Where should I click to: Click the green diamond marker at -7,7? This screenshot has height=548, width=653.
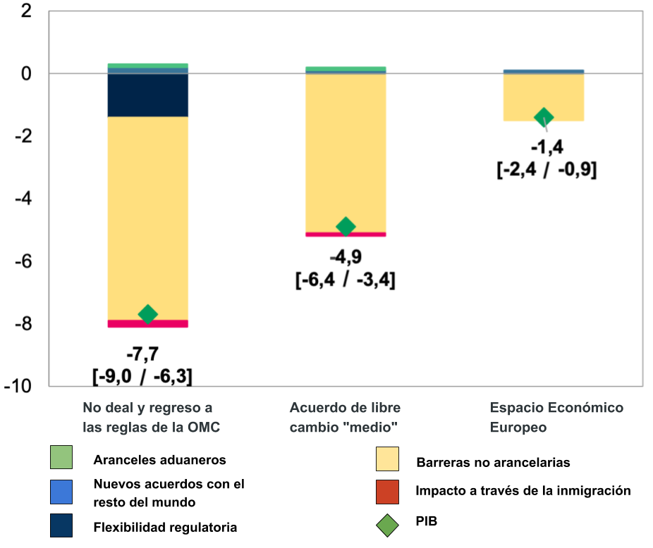point(147,314)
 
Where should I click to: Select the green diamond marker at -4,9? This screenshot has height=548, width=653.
point(346,226)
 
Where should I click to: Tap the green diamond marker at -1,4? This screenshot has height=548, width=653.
point(544,117)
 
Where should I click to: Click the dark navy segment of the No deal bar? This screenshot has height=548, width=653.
point(147,95)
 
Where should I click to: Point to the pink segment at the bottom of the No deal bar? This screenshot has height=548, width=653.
point(147,324)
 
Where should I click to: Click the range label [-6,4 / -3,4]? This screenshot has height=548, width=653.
point(345,280)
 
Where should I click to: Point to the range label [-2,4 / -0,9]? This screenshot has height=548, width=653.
point(546,170)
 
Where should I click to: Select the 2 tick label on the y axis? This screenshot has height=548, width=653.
point(26,11)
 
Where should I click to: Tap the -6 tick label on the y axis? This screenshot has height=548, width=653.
point(23,261)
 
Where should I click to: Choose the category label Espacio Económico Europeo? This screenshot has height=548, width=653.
point(556,418)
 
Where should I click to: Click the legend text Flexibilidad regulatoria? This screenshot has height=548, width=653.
point(166,527)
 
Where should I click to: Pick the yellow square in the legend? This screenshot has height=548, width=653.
point(387,459)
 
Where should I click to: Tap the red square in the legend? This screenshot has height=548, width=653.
point(387,492)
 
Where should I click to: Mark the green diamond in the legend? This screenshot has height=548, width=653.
point(387,525)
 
